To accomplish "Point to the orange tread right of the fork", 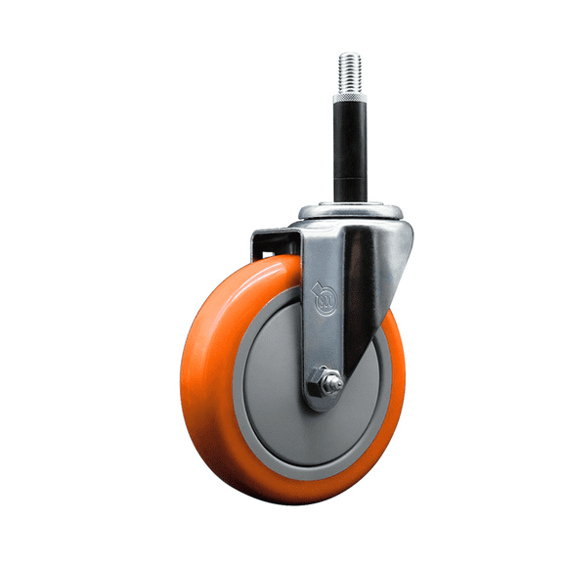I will (x=396, y=371).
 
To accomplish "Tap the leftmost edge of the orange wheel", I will (x=182, y=381).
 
